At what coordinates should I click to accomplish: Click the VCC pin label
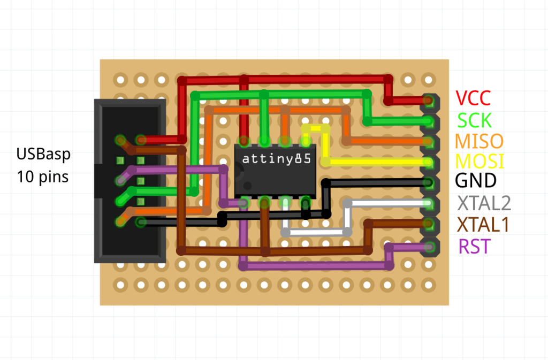473,98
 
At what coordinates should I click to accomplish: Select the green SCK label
474,119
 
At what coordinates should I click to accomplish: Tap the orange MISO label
479,141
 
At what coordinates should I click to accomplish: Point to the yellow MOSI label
479,161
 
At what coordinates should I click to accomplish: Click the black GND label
476,181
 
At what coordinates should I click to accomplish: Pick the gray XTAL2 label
484,203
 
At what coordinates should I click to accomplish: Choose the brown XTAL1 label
482,225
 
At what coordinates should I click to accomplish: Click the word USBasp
43,155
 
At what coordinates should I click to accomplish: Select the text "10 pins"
43,176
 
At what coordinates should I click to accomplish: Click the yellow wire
375,162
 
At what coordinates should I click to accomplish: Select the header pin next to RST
428,247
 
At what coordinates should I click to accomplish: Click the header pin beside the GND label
428,182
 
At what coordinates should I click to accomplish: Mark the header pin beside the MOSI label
428,162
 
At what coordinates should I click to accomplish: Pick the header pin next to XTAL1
428,223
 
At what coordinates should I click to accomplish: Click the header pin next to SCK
428,121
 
